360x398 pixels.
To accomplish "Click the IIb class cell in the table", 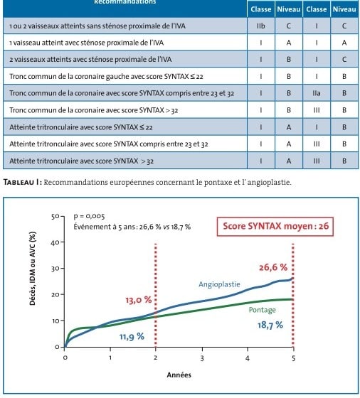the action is tap(261, 26).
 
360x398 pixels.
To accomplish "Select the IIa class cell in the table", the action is tap(317, 93).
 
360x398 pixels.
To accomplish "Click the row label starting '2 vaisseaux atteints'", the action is tap(90, 60).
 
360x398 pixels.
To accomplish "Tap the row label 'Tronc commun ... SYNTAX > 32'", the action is tap(93, 110).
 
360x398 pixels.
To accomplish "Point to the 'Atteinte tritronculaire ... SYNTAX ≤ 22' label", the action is tap(81, 127).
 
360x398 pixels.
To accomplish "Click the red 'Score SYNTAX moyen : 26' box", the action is tap(275, 227).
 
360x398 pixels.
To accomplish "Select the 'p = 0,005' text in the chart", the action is tap(89, 216).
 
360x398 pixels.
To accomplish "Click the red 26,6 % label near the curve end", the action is tap(273, 267).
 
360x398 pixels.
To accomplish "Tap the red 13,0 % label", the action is tap(139, 300).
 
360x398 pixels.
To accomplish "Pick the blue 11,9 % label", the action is tap(132, 337).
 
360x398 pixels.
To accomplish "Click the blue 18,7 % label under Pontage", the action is tap(270, 325).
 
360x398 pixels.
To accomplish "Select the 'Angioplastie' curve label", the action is tap(219, 284).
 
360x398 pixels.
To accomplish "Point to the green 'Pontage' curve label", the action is tap(263, 310).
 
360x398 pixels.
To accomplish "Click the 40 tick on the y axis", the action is tap(55, 242).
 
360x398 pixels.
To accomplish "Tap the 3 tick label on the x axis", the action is tap(202, 358).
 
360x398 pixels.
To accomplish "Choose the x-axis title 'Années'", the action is tap(179, 375).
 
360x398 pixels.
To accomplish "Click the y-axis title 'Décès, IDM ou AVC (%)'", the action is tap(33, 269).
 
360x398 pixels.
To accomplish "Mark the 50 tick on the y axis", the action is tap(55, 217).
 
